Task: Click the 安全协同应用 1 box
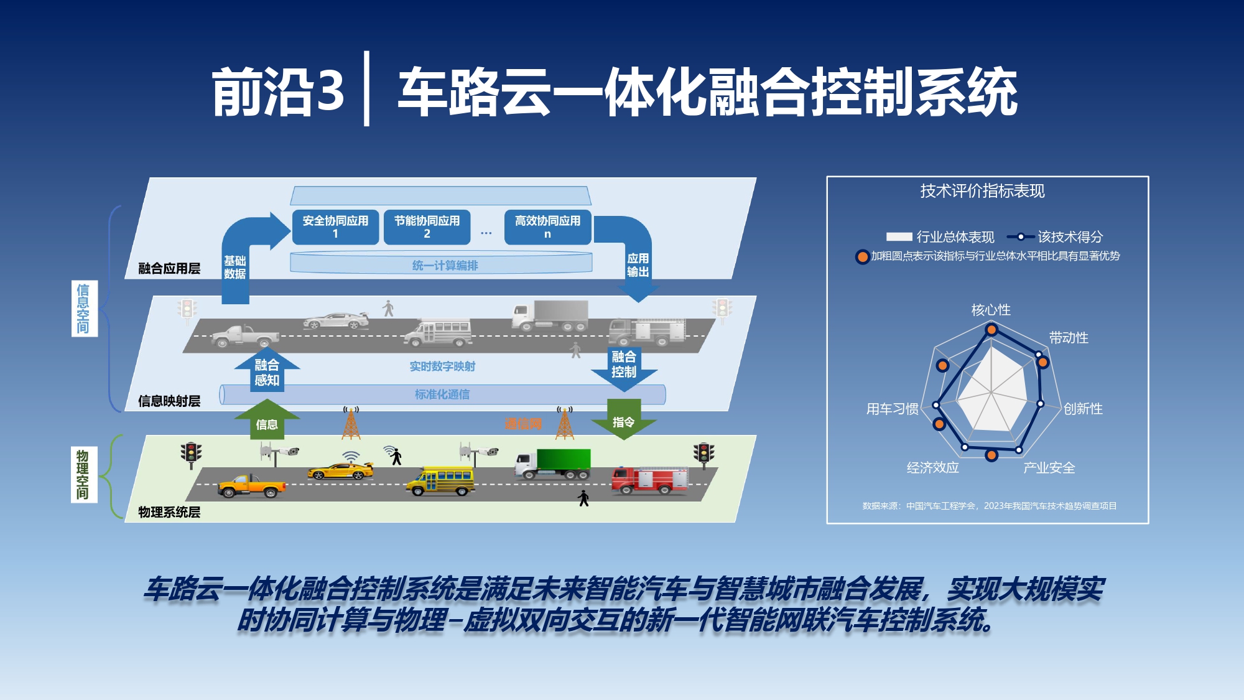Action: [x=335, y=227]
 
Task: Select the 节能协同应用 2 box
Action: [x=427, y=227]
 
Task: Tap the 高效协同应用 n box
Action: [x=547, y=227]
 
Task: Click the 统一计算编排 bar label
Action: [x=445, y=265]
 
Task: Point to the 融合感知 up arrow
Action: [x=267, y=371]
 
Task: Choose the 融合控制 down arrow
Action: [x=624, y=366]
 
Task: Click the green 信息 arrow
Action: [x=267, y=421]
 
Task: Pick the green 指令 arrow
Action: [x=624, y=421]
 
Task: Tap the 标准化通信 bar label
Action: [x=442, y=394]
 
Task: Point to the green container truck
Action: [x=553, y=464]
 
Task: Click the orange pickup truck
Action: [x=251, y=485]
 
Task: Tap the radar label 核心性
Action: [x=991, y=310]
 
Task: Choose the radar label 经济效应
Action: [x=932, y=467]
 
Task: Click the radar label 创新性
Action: [x=1083, y=409]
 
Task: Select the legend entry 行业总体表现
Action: [x=940, y=236]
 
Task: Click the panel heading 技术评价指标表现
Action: [x=982, y=191]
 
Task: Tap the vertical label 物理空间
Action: [x=83, y=474]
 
